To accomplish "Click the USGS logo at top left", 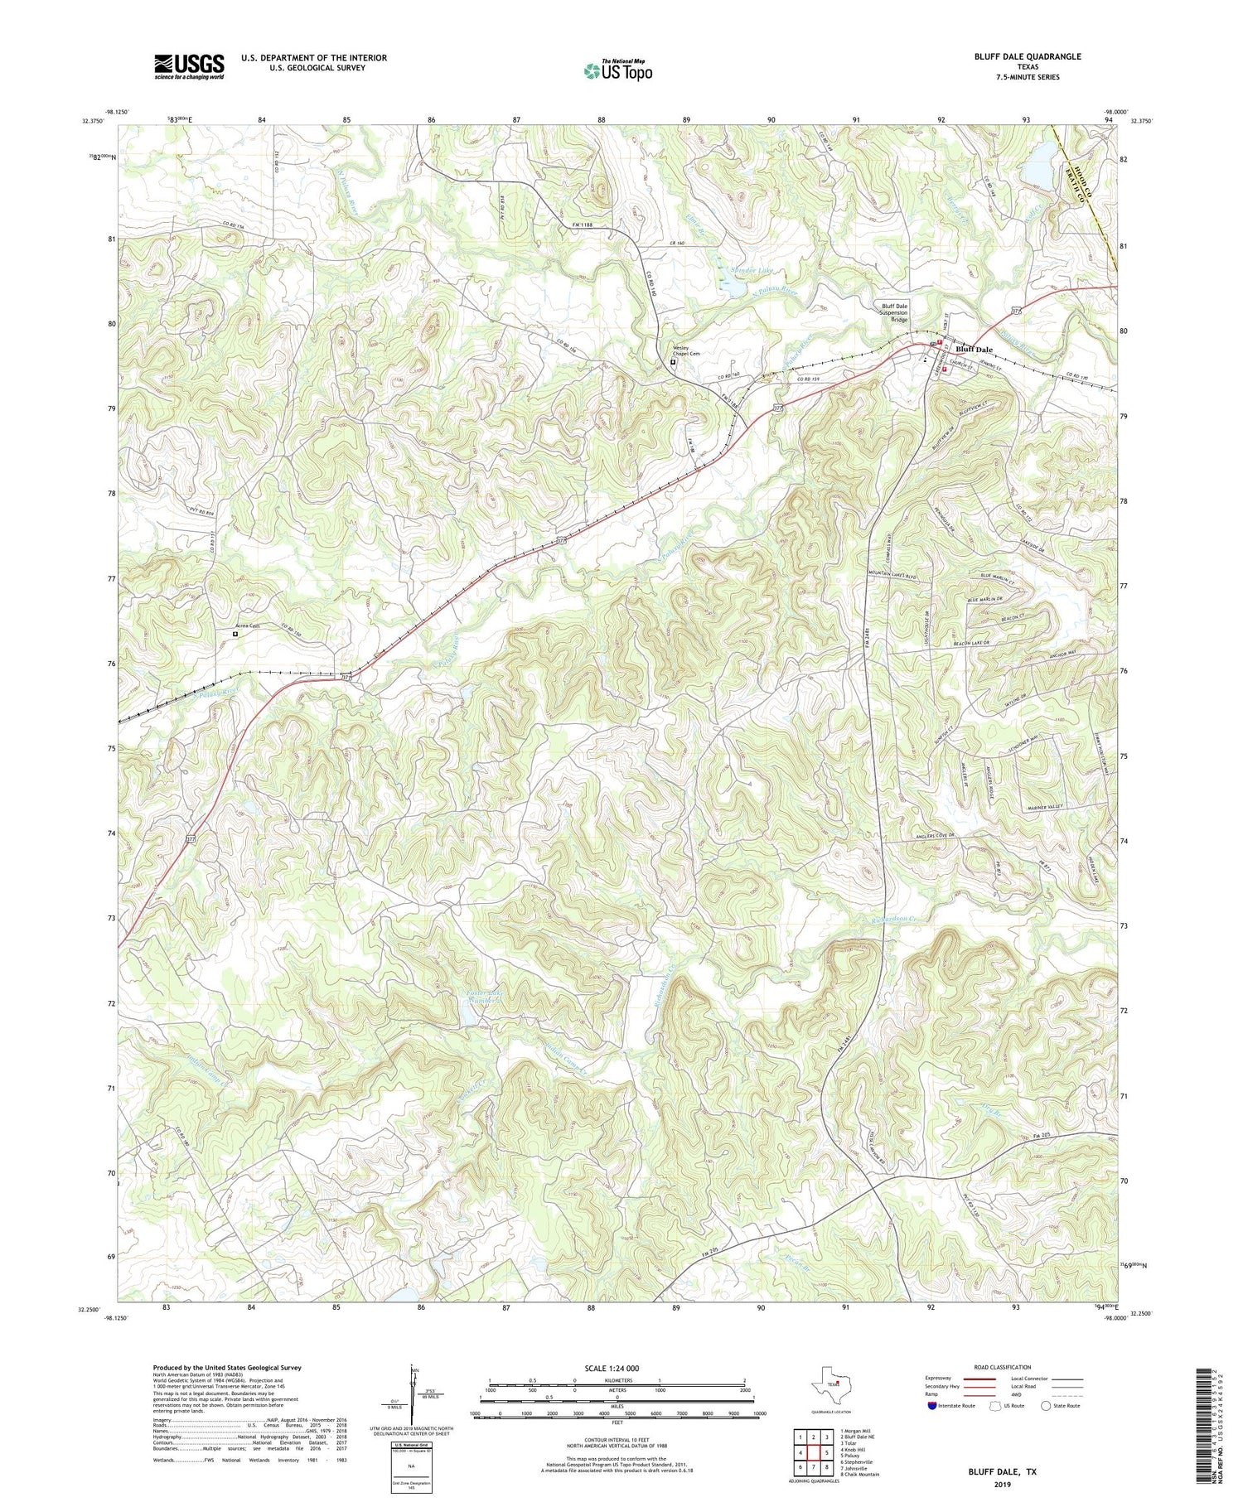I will pyautogui.click(x=189, y=66).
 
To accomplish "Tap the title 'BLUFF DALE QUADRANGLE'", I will pyautogui.click(x=1028, y=56).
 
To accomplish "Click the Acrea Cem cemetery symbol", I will pyautogui.click(x=235, y=634).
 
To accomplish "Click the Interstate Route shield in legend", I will pyautogui.click(x=933, y=1406).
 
